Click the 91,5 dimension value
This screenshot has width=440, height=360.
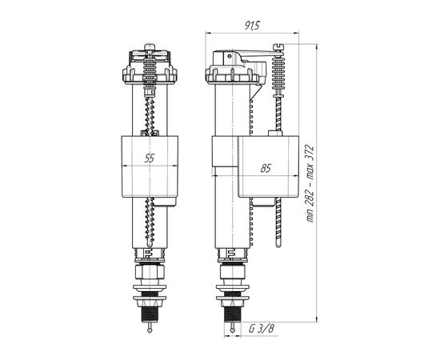click(x=252, y=26)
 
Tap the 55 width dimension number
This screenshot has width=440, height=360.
click(x=150, y=158)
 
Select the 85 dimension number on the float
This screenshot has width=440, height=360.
click(x=265, y=168)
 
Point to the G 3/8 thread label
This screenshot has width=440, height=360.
click(x=261, y=328)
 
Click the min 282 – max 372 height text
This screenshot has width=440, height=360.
click(x=310, y=184)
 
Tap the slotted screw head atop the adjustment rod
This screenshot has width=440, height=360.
click(x=278, y=46)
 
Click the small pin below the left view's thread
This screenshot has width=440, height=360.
click(x=150, y=328)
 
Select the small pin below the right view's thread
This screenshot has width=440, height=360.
click(x=232, y=328)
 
